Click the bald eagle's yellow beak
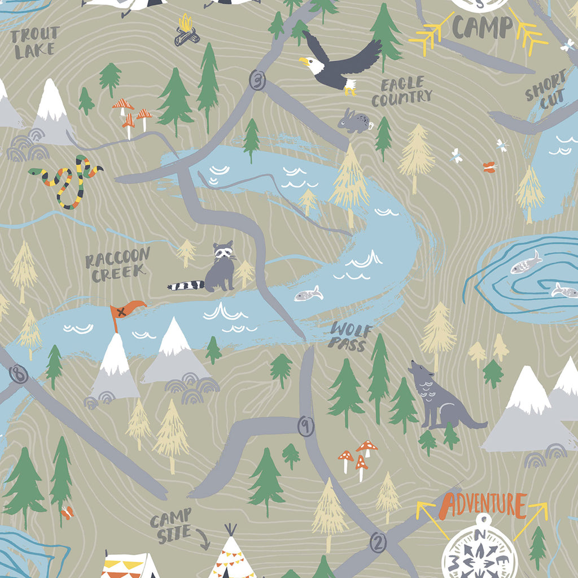coord(305,60)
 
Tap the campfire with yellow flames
coord(186,31)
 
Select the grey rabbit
coord(354,122)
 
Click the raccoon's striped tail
coord(185,285)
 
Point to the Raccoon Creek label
coord(118,264)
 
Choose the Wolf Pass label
coord(351,336)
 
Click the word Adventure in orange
coord(484,503)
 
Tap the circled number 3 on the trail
coord(258,80)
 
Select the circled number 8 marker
coord(19,374)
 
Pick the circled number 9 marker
coord(305,427)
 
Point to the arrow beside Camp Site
coord(202,541)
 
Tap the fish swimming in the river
coord(309,294)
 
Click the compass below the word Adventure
coord(480,550)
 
